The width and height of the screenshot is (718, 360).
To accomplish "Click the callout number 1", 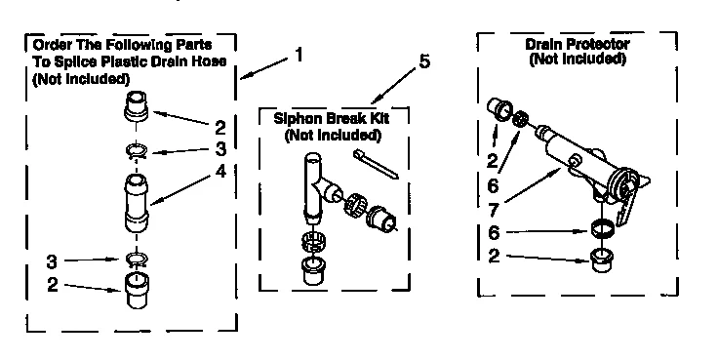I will pyautogui.click(x=299, y=56).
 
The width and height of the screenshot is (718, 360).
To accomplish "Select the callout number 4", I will pyautogui.click(x=220, y=171).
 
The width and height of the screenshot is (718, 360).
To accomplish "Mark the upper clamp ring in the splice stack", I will pyautogui.click(x=140, y=150).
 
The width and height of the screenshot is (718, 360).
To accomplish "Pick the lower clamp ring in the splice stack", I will pyautogui.click(x=140, y=260).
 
